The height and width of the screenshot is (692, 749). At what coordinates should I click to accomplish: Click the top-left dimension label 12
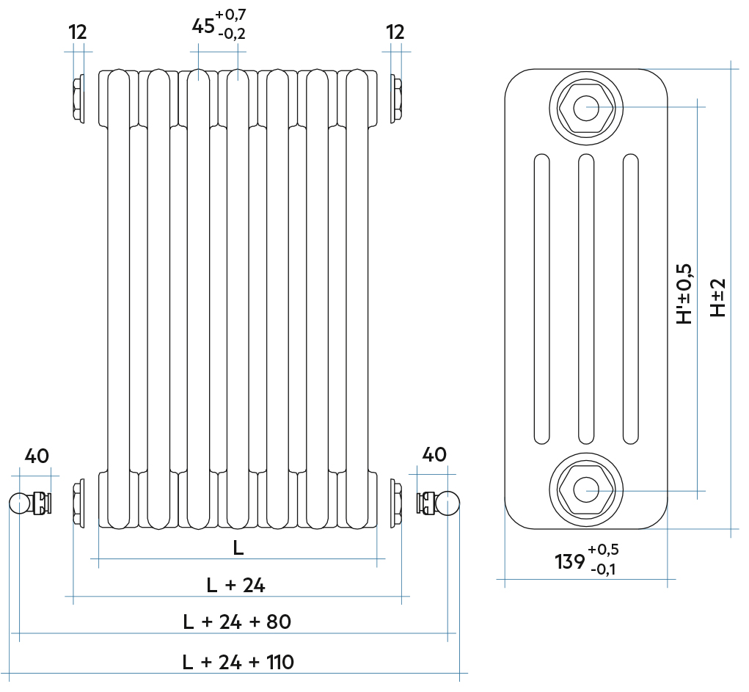[x=78, y=32]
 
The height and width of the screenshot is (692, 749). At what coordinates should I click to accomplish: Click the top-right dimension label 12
[x=395, y=32]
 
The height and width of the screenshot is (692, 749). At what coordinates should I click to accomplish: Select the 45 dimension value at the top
[x=203, y=26]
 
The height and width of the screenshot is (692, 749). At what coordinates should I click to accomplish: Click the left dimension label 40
[x=37, y=456]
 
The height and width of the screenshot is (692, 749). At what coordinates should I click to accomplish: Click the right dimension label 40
[x=434, y=455]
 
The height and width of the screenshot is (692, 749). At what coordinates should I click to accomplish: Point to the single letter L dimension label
[x=238, y=547]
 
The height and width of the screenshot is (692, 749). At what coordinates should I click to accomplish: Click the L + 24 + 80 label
[x=237, y=622]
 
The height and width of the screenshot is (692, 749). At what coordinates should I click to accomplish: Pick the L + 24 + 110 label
[x=238, y=662]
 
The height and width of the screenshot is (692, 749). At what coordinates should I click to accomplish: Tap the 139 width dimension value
[x=569, y=562]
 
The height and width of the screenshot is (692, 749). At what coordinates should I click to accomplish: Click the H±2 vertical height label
[x=718, y=297]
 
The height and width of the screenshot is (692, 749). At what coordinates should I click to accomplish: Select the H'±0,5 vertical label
[x=684, y=294]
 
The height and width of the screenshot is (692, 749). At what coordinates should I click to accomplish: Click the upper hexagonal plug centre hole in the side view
[x=586, y=108]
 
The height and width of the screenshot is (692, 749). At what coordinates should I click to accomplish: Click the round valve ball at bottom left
[x=18, y=503]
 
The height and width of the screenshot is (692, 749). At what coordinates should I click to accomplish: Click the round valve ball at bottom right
[x=448, y=503]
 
